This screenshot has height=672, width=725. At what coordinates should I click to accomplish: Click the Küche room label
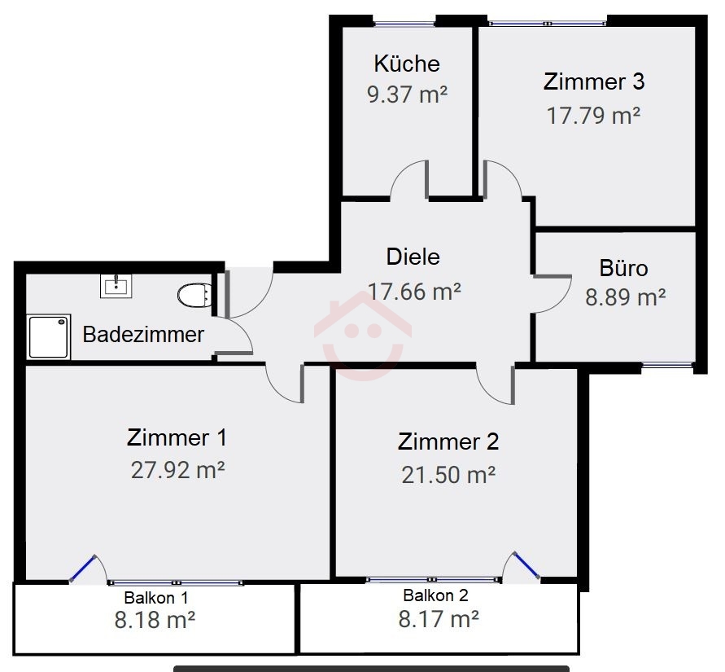point(407,64)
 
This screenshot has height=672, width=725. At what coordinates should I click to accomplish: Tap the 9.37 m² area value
point(408,94)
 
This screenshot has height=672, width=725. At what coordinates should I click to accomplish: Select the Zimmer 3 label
point(594,81)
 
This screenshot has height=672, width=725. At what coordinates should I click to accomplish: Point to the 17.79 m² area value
point(594,116)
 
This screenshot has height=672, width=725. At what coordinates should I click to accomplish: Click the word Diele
point(413,257)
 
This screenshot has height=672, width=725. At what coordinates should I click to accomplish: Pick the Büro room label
point(624,269)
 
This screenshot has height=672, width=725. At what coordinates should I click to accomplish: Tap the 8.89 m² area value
point(626,297)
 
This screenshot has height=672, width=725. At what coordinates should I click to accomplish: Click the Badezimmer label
point(143,335)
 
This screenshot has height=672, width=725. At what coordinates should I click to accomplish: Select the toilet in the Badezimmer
point(195,295)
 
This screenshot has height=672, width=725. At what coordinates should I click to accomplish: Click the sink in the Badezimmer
point(116,286)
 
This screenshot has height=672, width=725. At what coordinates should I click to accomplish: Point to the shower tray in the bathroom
point(49,337)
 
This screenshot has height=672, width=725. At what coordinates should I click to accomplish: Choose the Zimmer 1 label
point(177,438)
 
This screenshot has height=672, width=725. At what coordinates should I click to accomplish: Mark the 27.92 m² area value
point(178,470)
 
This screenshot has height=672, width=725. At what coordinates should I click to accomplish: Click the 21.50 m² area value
point(448,475)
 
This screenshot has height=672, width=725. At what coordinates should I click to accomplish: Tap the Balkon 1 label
point(156,598)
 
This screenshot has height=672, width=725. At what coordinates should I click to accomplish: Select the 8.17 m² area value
point(439,619)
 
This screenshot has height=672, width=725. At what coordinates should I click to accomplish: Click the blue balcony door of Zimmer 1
point(83,569)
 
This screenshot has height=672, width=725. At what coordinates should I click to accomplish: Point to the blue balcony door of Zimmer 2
point(526,564)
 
